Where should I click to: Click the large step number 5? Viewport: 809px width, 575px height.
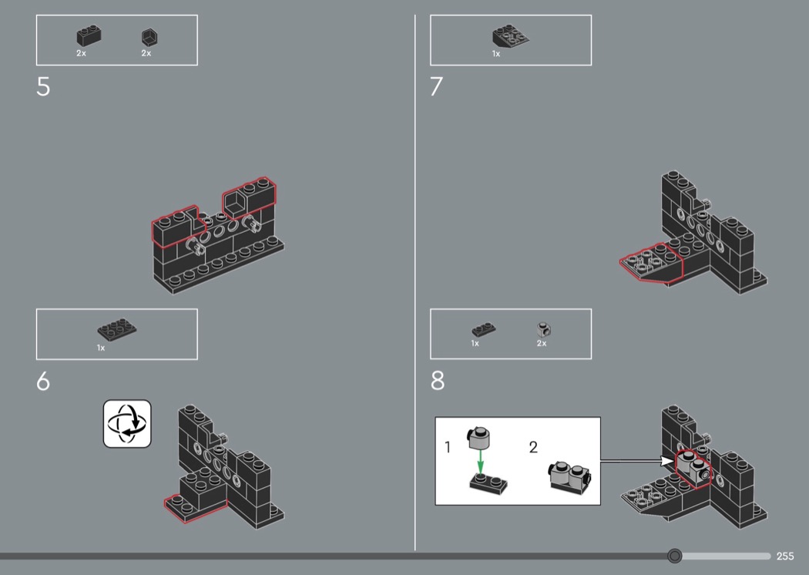coord(43,87)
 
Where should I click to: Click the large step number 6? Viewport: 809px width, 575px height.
coord(43,382)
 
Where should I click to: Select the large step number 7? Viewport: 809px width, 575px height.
coord(437,87)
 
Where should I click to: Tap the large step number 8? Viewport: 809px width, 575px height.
coord(438,381)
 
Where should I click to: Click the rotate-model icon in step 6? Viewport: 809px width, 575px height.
coord(127,424)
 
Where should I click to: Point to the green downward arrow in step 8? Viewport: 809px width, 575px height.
coord(480,462)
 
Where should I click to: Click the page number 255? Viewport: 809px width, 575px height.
coord(785,556)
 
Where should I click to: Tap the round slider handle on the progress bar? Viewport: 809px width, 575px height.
coord(674,556)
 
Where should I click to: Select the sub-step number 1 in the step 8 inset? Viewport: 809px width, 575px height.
coord(448,447)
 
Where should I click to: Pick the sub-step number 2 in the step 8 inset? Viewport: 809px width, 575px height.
coord(533,447)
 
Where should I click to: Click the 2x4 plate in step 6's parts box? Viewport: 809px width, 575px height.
coord(117,329)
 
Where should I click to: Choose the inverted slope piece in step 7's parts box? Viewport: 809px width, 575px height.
coord(510,36)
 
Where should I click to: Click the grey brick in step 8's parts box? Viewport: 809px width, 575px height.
coord(543,329)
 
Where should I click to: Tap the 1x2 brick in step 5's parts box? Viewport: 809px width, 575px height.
coord(89,36)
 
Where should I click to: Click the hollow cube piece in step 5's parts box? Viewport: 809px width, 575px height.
coord(149,37)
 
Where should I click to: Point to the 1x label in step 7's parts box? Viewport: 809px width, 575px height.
coord(496,54)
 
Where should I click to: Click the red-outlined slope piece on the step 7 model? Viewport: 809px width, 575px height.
coord(652,263)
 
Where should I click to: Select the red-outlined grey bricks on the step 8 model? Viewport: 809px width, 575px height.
coord(693,469)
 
